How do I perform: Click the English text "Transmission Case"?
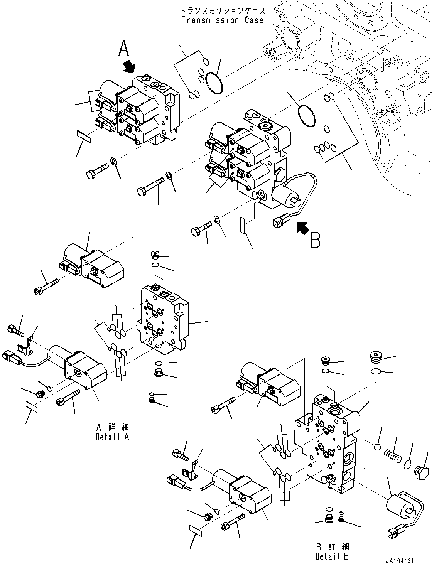pos(223,20)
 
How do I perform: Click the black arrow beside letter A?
pos(130,66)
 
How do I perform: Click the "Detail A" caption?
pos(113,437)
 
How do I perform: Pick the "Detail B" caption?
pos(332,556)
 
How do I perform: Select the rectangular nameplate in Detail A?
pos(30,405)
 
